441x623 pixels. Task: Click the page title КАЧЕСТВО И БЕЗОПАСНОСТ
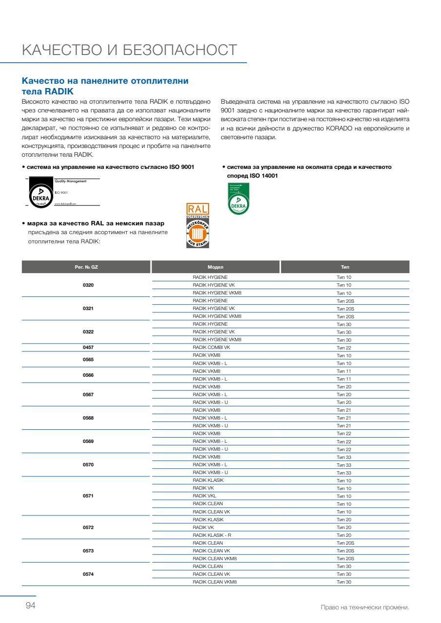(130, 50)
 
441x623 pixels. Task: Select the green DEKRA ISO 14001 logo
(239, 199)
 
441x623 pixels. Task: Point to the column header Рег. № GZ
(86, 267)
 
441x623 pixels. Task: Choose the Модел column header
(215, 267)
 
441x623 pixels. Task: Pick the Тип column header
(345, 267)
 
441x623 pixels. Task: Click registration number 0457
(88, 348)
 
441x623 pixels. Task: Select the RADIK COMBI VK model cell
(211, 348)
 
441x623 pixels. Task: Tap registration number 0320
(88, 285)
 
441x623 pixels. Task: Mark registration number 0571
(88, 496)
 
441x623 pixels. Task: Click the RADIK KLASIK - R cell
(212, 535)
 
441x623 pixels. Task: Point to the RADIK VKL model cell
(205, 496)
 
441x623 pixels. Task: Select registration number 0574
(88, 574)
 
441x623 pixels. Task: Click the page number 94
(31, 605)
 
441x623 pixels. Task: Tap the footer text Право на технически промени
(364, 607)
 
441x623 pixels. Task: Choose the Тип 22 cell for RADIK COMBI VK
(344, 348)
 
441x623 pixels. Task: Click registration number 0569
(88, 441)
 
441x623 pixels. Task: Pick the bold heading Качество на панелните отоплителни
(105, 81)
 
